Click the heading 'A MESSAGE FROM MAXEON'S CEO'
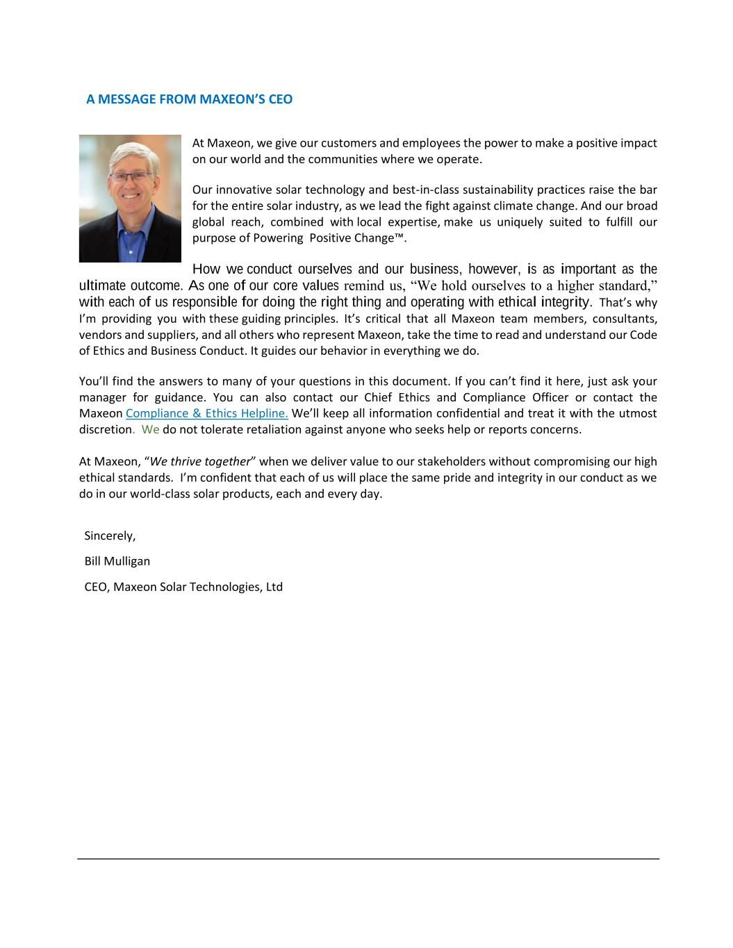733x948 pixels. (x=189, y=99)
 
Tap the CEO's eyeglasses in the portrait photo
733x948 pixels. (x=130, y=177)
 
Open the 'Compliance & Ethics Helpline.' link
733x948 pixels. (x=207, y=413)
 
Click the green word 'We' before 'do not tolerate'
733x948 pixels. (x=150, y=429)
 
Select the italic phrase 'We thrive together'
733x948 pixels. (x=199, y=462)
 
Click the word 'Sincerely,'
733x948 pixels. (x=110, y=535)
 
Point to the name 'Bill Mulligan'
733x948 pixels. (x=117, y=561)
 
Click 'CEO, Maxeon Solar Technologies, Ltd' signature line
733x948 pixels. (x=183, y=587)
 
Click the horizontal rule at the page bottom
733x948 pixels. (x=368, y=859)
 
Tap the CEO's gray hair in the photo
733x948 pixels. (x=129, y=153)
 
